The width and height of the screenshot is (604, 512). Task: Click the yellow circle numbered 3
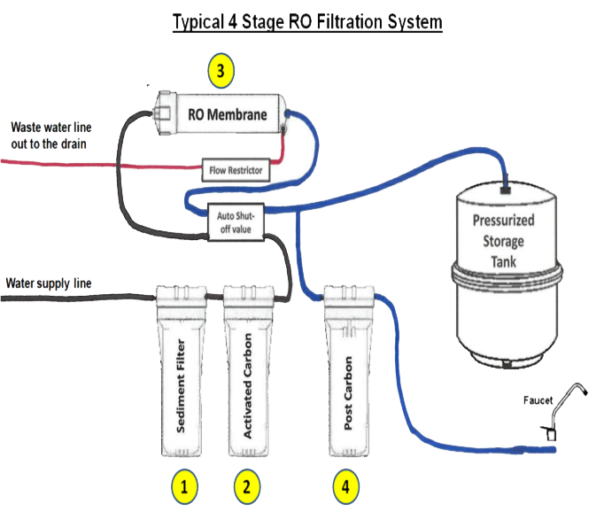(221, 71)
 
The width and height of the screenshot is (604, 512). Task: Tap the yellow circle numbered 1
(184, 486)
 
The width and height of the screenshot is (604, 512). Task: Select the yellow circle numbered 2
(247, 486)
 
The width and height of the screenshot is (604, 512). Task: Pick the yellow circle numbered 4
(346, 486)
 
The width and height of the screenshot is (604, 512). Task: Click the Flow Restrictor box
(236, 170)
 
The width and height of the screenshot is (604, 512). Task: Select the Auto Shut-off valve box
(236, 222)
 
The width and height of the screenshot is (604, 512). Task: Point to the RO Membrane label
(228, 114)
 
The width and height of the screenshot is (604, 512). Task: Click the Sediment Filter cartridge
(181, 370)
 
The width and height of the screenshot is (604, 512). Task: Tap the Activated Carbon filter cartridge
(249, 370)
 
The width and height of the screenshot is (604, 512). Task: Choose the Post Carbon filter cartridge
(349, 370)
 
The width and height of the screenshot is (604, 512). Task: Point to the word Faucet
(538, 400)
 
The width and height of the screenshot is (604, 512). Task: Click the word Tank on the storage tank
(503, 262)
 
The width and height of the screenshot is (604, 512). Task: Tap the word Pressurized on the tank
(503, 221)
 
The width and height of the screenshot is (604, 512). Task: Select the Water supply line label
(49, 283)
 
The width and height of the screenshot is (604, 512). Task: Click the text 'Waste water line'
(51, 128)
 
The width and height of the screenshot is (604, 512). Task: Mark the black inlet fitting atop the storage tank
(506, 190)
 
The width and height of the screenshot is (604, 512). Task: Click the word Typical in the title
(198, 22)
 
